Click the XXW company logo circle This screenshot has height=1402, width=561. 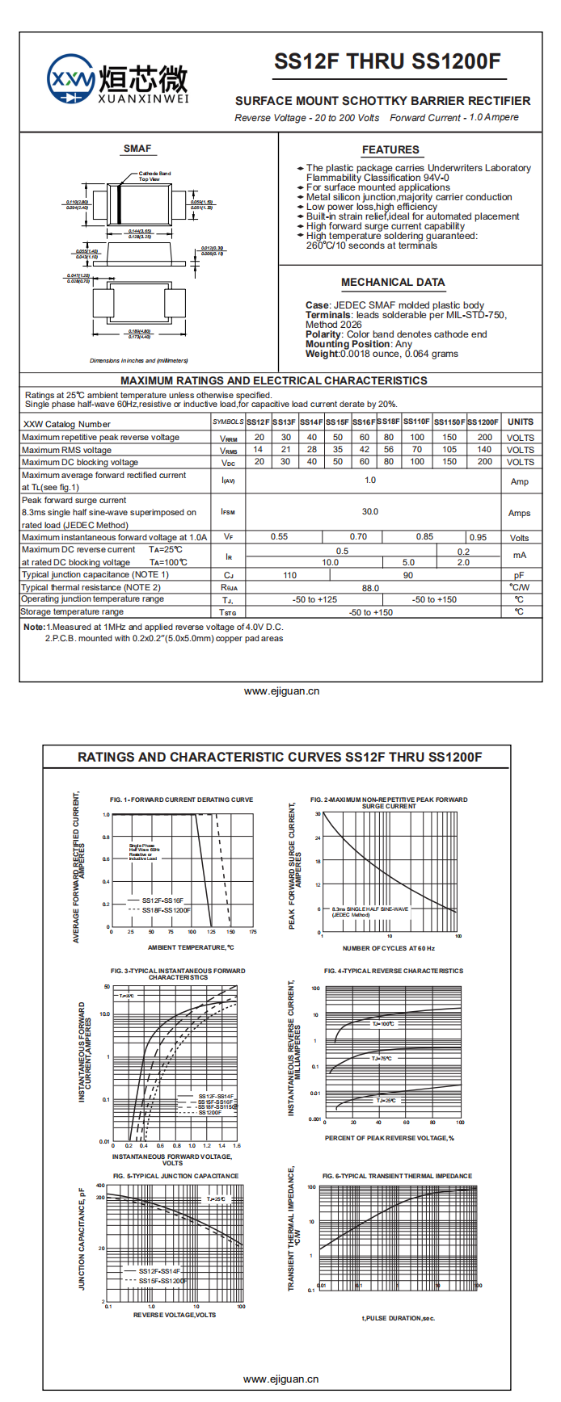[71, 79]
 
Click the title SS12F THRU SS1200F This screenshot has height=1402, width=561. [387, 62]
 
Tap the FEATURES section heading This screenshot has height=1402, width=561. [390, 150]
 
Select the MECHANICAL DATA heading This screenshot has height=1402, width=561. [393, 283]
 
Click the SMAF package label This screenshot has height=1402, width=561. [137, 149]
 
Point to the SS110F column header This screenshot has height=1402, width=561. [417, 422]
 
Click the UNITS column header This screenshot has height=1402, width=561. [520, 422]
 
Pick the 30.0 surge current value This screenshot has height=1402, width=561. [370, 512]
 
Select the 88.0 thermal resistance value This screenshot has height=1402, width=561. [370, 588]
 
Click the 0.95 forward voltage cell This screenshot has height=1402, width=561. [478, 537]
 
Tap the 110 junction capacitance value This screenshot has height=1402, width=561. [289, 575]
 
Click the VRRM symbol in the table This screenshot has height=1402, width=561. [229, 438]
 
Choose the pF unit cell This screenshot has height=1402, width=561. [519, 575]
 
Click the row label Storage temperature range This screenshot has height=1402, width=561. [73, 612]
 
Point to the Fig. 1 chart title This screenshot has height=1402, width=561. [182, 800]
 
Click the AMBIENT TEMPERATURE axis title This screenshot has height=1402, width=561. [191, 947]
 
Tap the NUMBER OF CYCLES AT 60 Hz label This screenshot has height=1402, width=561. [388, 948]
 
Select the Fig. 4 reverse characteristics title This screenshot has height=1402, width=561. [394, 971]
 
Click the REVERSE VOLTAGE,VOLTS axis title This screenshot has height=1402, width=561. [175, 1315]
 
